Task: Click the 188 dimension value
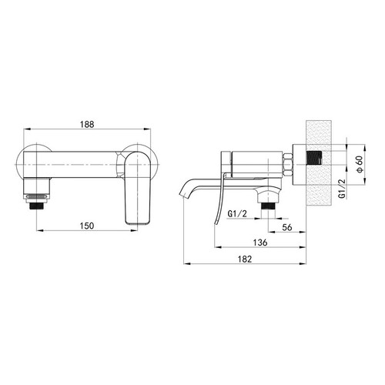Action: [x=87, y=125]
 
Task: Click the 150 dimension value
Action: [x=87, y=226]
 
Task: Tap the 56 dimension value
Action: [x=287, y=227]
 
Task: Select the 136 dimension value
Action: [x=260, y=243]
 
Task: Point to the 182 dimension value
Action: [x=245, y=259]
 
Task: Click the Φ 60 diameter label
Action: [x=360, y=164]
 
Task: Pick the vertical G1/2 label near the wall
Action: [x=342, y=189]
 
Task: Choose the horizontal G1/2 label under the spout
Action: [x=237, y=213]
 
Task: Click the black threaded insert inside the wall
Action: [x=314, y=158]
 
